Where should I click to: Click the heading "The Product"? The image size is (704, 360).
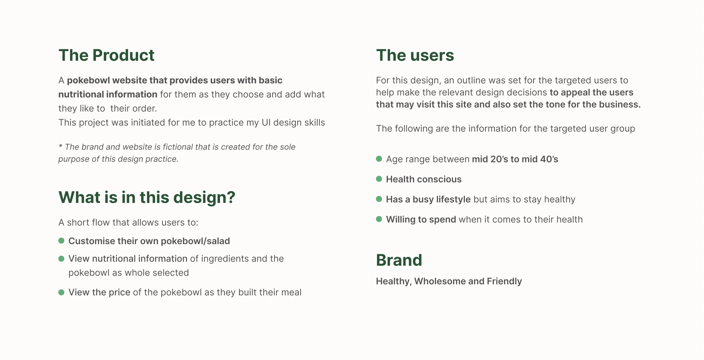coord(107,55)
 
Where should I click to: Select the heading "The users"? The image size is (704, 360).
coord(415,55)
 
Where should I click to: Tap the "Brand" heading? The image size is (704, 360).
coord(399,260)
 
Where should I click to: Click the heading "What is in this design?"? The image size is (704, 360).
coord(147,198)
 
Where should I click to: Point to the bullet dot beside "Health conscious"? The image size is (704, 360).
coord(379,179)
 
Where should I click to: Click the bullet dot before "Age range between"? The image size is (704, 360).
coord(379,159)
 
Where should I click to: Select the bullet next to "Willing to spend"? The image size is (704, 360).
coord(379,219)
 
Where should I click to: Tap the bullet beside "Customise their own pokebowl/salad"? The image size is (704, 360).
coord(61,241)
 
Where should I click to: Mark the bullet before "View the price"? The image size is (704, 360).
coord(61,292)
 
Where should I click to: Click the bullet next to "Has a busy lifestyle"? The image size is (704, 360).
coord(379,199)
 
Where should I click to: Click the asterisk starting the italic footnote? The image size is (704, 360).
coord(60,146)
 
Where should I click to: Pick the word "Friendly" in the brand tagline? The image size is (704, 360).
coord(504,282)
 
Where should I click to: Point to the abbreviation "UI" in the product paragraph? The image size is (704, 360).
coord(266,123)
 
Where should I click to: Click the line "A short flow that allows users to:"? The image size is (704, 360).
coord(128,223)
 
